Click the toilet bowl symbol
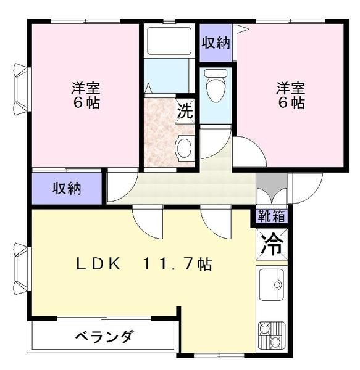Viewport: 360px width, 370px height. pyautogui.click(x=215, y=86)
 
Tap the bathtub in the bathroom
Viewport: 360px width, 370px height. pyautogui.click(x=169, y=41)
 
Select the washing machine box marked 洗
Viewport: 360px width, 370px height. pyautogui.click(x=185, y=111)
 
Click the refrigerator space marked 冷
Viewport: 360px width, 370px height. pyautogui.click(x=272, y=244)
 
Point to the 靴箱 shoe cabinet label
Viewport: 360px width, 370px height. pyautogui.click(x=272, y=216)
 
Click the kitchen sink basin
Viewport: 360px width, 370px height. pyautogui.click(x=272, y=284)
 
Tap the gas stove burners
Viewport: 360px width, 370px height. pyautogui.click(x=272, y=335)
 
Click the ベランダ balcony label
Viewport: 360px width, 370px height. pyautogui.click(x=104, y=336)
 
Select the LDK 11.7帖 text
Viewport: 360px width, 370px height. pyautogui.click(x=144, y=263)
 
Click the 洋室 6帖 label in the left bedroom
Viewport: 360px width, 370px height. pyautogui.click(x=86, y=95)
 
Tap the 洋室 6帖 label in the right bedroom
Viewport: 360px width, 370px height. pyautogui.click(x=291, y=95)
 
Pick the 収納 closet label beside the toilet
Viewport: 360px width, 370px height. pyautogui.click(x=216, y=43)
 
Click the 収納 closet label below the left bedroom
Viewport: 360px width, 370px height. pyautogui.click(x=67, y=188)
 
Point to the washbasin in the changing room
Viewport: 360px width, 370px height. pyautogui.click(x=184, y=148)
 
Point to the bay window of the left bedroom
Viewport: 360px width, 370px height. pyautogui.click(x=22, y=89)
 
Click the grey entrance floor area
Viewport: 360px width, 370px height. pyautogui.click(x=272, y=181)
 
